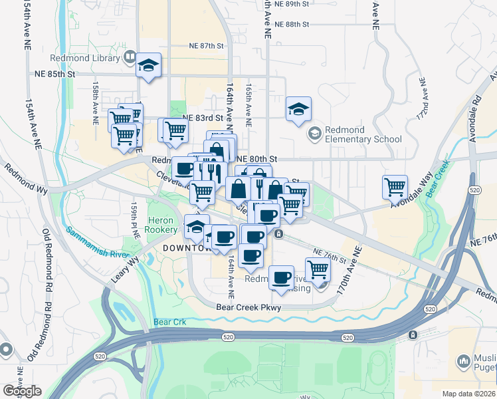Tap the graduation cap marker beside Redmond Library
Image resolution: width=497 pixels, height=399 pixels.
tap(148, 66)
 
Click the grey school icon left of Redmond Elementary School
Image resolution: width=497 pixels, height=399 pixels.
tap(314, 134)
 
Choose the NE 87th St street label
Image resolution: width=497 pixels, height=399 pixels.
tap(204, 45)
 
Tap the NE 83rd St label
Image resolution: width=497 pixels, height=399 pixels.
tap(200, 117)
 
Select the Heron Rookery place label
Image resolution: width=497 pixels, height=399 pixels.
tap(162, 224)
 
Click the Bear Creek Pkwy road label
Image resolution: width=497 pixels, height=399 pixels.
tap(249, 307)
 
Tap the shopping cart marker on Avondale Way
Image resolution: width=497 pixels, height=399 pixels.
tap(395, 187)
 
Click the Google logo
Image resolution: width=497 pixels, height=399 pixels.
tap(22, 391)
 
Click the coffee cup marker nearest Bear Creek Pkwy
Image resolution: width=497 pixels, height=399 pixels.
tap(282, 277)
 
